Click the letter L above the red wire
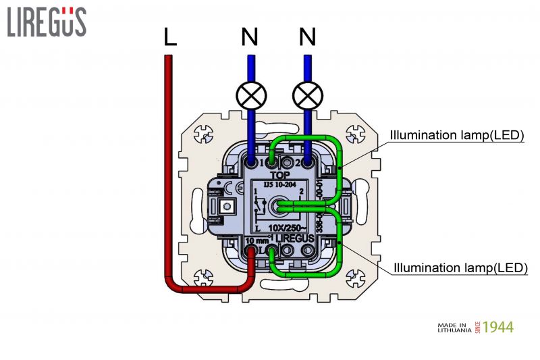click(x=170, y=38)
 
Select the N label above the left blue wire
click(x=250, y=38)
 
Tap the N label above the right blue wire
click(x=308, y=38)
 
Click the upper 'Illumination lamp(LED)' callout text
click(x=457, y=135)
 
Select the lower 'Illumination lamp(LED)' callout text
click(x=460, y=268)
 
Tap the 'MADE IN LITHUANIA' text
click(x=456, y=328)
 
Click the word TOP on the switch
click(x=279, y=174)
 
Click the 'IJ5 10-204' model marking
click(x=277, y=183)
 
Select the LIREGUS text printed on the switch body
click(x=295, y=238)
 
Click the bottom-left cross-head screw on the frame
click(x=201, y=277)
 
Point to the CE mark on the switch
click(x=229, y=188)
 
